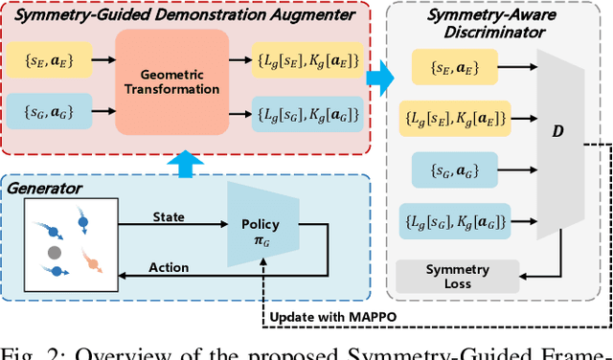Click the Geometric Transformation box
(x=172, y=81)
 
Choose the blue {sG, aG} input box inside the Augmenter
(x=54, y=115)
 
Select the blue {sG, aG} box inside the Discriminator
(x=447, y=169)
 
